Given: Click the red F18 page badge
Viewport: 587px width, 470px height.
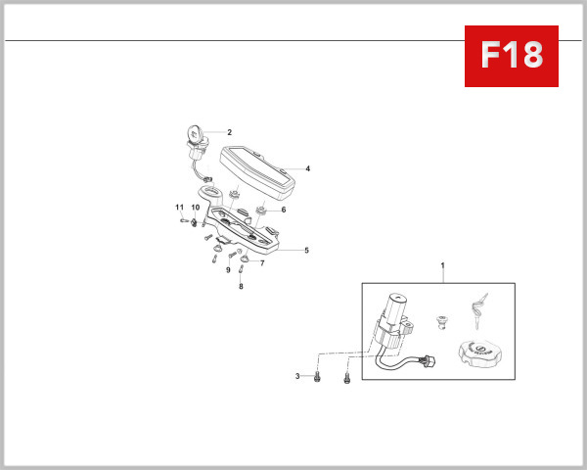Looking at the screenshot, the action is (x=512, y=56).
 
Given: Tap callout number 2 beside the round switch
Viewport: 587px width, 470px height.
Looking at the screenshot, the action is (x=230, y=132).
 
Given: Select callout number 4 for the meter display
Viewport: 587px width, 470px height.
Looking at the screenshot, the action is (x=308, y=168).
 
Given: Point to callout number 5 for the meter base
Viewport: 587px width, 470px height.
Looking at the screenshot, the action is (x=306, y=251).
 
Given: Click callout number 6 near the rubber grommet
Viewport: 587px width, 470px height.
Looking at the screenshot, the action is (x=284, y=210).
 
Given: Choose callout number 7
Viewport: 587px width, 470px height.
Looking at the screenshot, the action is (x=262, y=263).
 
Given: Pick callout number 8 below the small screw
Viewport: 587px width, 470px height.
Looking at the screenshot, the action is (x=241, y=286).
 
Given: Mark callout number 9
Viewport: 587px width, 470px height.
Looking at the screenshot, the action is (x=228, y=270).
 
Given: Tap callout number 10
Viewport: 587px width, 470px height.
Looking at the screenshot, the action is (x=196, y=208).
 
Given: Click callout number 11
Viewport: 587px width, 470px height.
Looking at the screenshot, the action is (x=180, y=208).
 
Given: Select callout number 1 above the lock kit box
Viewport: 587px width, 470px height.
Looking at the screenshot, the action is (x=442, y=265).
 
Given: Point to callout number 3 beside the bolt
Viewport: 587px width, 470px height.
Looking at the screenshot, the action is (x=297, y=376).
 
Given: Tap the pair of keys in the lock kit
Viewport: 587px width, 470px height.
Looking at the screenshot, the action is (x=478, y=310).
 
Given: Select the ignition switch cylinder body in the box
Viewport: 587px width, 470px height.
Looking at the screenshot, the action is (x=394, y=322).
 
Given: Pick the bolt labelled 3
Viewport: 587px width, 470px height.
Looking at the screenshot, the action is (x=317, y=376).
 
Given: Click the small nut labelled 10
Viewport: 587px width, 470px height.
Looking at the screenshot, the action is (x=194, y=222).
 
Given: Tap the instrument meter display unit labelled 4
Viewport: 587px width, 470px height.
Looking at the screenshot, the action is (x=257, y=172).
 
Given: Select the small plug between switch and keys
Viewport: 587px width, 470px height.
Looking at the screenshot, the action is (x=442, y=322).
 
